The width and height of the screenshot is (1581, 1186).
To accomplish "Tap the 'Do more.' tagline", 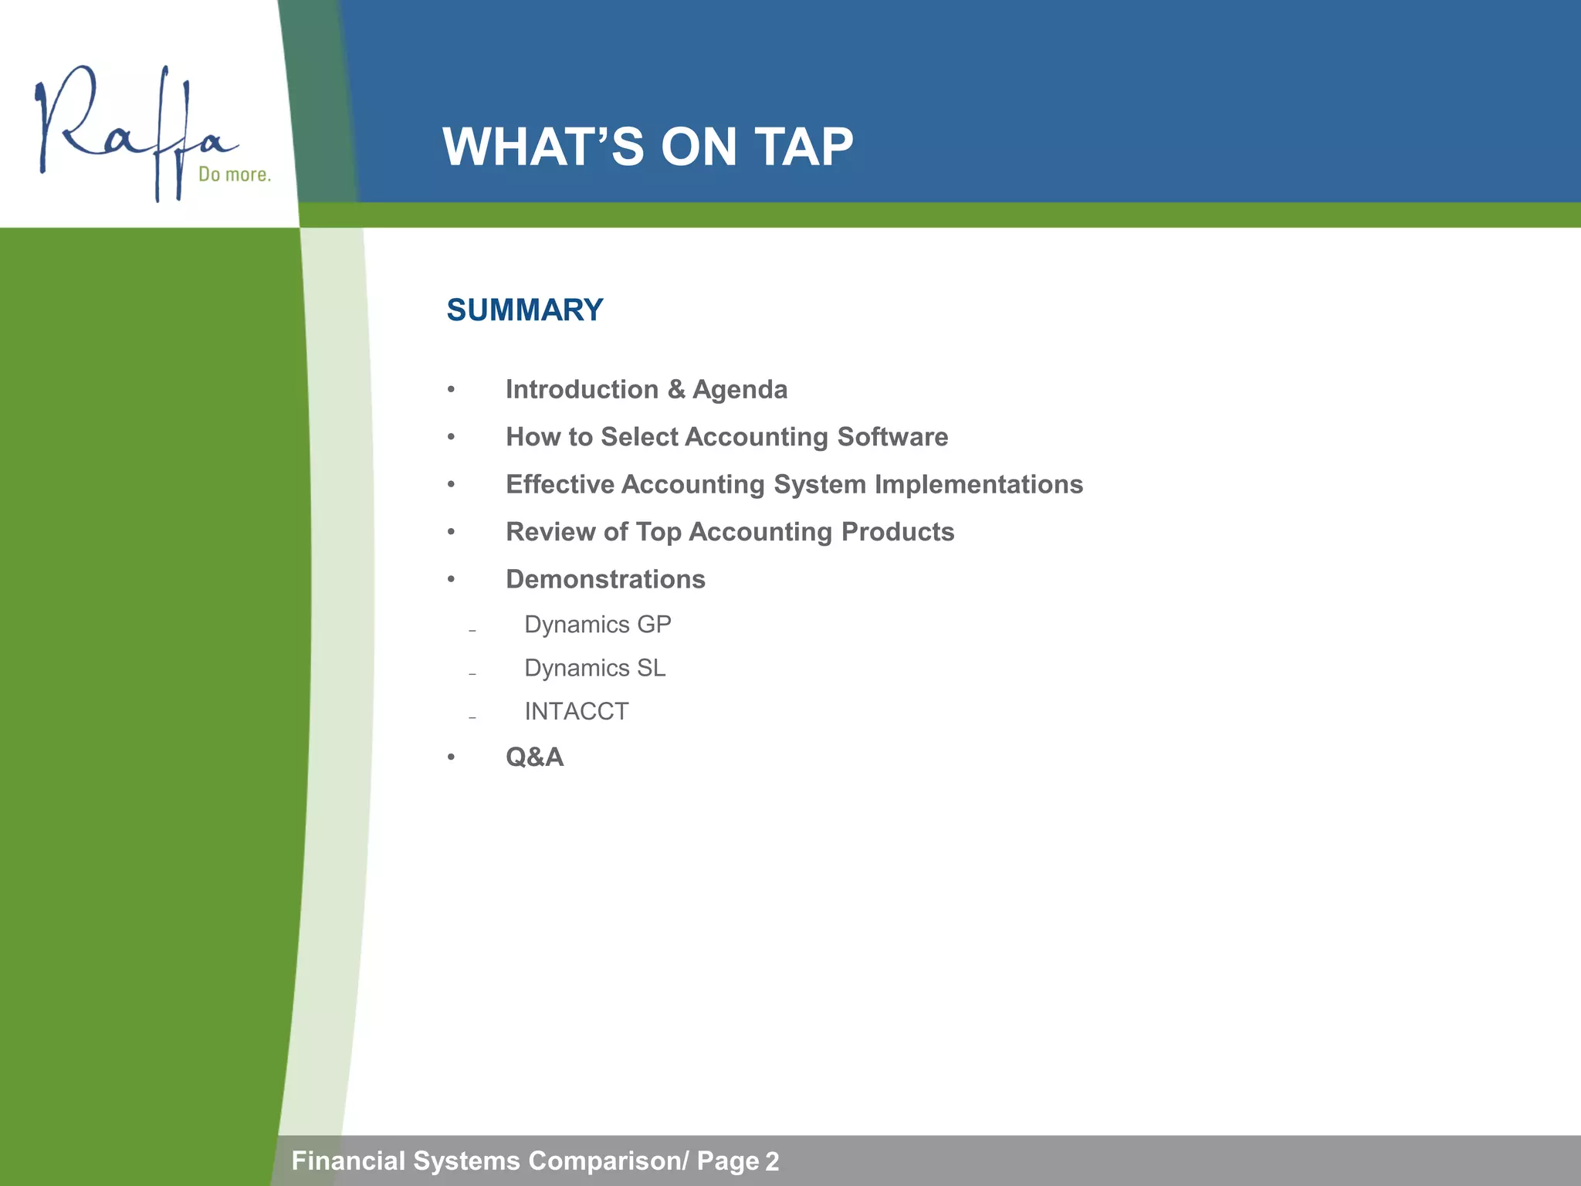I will pyautogui.click(x=235, y=175).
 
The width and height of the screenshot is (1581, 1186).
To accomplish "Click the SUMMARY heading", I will pyautogui.click(x=525, y=310).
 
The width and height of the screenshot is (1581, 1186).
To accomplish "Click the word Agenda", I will pyautogui.click(x=740, y=390).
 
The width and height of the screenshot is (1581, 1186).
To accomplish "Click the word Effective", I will pyautogui.click(x=560, y=485).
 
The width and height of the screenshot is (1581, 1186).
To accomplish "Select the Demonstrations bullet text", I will pyautogui.click(x=605, y=579).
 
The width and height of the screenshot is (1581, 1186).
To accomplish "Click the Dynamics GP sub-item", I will pyautogui.click(x=598, y=624).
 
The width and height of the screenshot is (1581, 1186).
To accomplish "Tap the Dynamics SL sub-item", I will pyautogui.click(x=594, y=668).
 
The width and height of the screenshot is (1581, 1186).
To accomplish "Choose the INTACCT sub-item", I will pyautogui.click(x=576, y=711).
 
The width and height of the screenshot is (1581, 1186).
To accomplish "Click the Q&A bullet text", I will pyautogui.click(x=534, y=757).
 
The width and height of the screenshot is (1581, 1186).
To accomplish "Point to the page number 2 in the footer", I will pyautogui.click(x=771, y=1162).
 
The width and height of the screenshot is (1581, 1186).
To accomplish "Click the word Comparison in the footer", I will pyautogui.click(x=606, y=1161).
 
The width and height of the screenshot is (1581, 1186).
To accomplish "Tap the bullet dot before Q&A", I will pyautogui.click(x=451, y=758).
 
